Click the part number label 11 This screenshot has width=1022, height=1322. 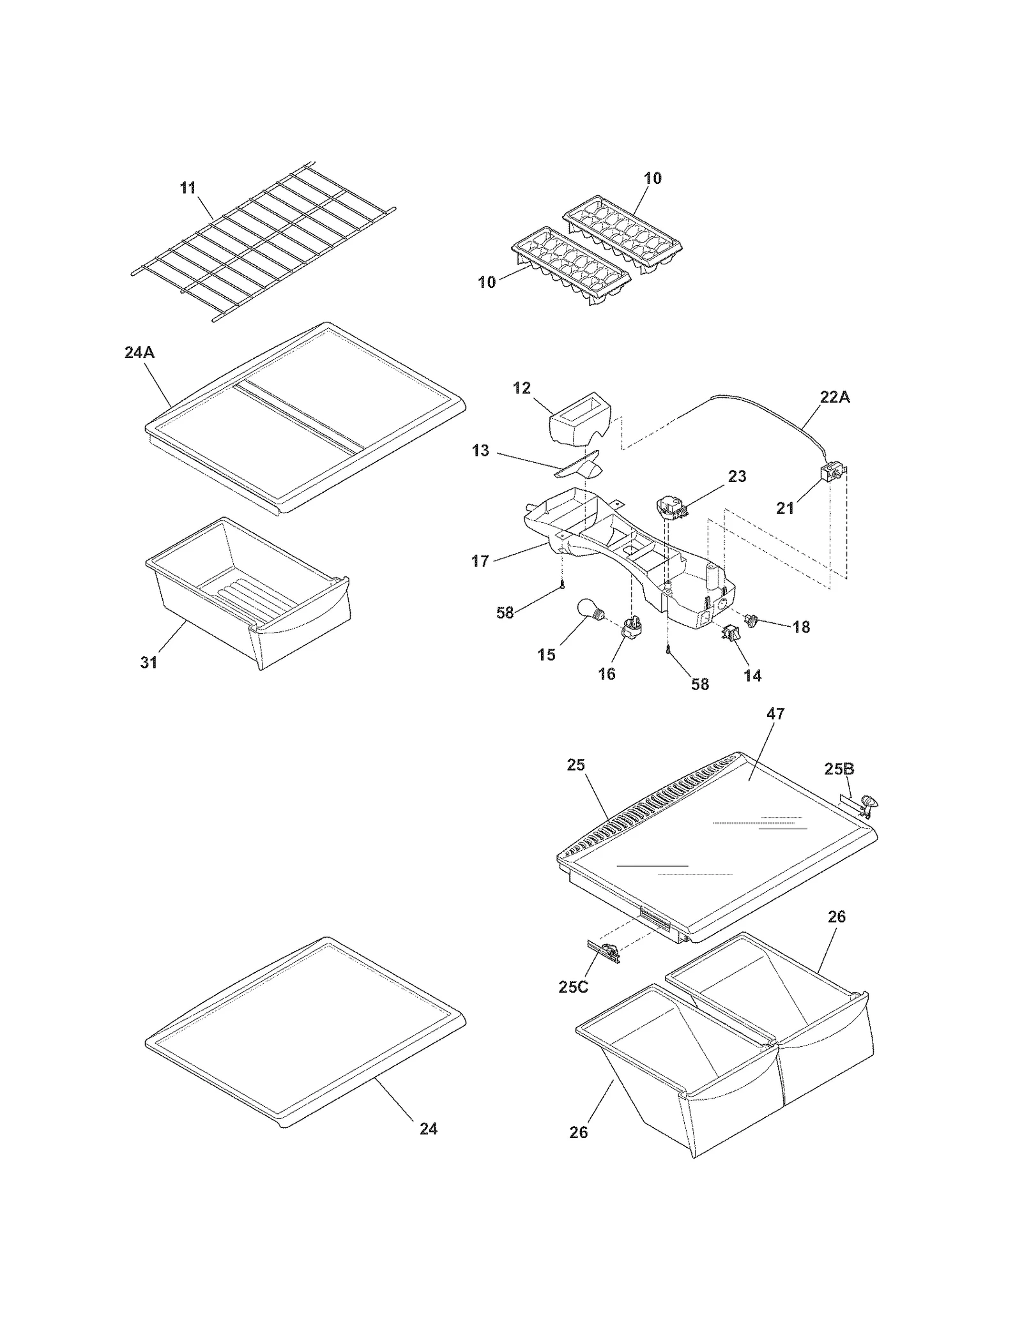point(187,188)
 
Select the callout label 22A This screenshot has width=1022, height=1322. point(834,397)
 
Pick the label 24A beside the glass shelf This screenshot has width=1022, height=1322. point(139,352)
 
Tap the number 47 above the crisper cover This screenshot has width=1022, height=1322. point(775,714)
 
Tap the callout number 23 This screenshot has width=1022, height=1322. point(736,476)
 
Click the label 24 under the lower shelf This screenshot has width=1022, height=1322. point(428,1129)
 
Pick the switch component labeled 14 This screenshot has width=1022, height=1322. point(731,633)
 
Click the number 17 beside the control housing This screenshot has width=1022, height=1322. point(480,561)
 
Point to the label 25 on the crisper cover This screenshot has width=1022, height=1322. point(576,765)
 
